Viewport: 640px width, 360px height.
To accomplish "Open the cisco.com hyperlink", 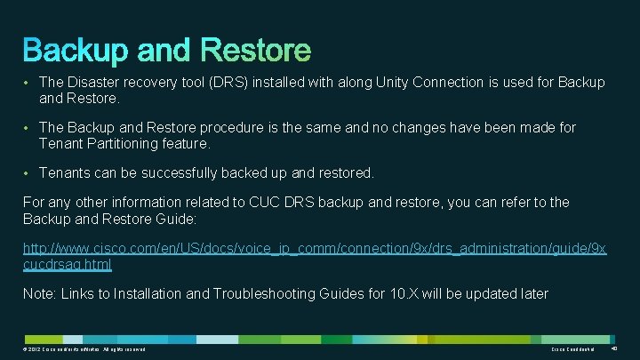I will click(311, 248).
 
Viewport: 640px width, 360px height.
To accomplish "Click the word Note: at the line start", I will click(39, 293).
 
